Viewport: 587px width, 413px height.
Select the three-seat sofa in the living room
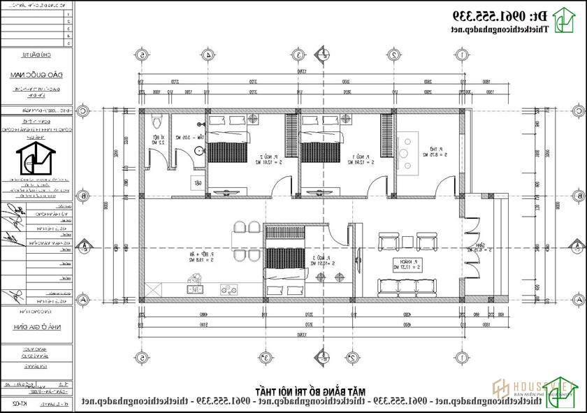407,286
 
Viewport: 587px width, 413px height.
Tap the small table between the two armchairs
407,242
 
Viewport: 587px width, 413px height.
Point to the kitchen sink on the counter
194,287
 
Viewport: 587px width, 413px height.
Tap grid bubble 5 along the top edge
143,54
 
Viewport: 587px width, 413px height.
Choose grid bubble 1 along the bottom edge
461,358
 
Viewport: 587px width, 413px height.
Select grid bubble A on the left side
82,299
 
